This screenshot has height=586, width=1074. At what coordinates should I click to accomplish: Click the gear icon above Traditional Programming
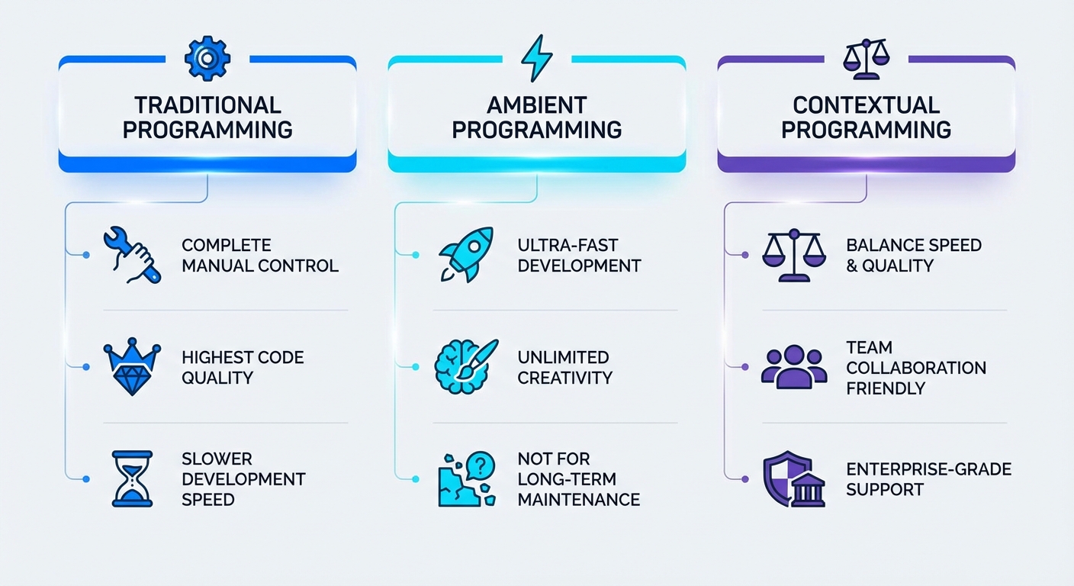coord(206,58)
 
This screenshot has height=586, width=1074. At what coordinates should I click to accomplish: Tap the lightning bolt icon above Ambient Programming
coord(536,58)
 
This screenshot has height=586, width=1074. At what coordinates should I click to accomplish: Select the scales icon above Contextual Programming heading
coord(866,59)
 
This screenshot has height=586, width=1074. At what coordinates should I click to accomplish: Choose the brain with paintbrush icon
coord(465,366)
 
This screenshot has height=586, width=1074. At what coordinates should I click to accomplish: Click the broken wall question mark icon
coord(465,479)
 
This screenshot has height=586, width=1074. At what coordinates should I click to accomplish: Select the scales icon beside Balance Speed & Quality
coord(794,255)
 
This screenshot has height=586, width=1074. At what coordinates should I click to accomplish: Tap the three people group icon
coord(794,366)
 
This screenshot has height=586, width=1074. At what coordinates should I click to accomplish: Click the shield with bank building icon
coord(794,479)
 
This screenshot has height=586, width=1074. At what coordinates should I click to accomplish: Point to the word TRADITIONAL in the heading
coord(207,105)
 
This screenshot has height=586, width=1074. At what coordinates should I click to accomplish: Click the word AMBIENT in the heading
coord(536,105)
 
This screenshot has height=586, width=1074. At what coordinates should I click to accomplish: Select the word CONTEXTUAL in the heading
coord(866,105)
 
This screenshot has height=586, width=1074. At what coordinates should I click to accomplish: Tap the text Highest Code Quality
coord(243,367)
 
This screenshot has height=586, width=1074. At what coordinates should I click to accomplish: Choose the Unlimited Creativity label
coord(564,367)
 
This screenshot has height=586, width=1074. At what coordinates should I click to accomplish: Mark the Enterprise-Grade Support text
coord(928,479)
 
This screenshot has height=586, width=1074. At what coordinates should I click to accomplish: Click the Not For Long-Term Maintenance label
coord(578,479)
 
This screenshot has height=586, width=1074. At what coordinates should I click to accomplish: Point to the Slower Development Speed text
coord(243,479)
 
